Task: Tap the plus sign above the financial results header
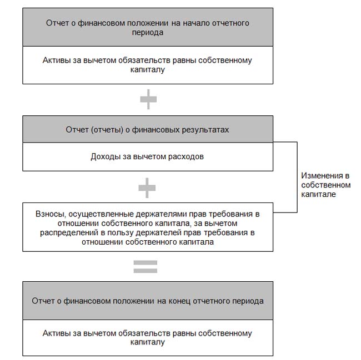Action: (148, 99)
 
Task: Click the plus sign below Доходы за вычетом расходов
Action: (147, 188)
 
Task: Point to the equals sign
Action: (146, 267)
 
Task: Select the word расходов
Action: (186, 157)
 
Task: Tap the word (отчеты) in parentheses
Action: (107, 130)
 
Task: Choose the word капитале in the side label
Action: (318, 195)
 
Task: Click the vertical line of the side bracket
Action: (297, 177)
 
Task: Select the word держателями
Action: (161, 214)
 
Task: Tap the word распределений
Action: (69, 233)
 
